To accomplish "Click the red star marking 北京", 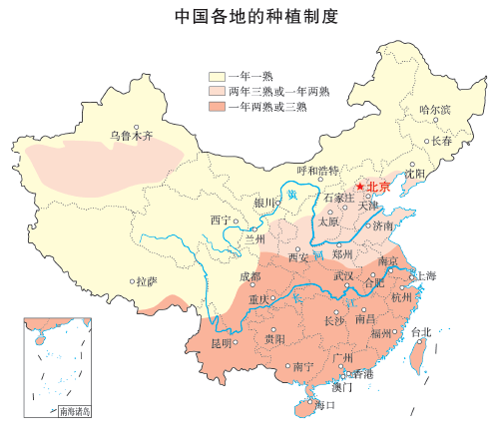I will [x=360, y=186].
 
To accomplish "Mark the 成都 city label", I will [x=249, y=276].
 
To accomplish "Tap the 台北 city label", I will [x=421, y=332].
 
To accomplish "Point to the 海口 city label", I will [x=325, y=405].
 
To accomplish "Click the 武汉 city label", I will [x=344, y=274].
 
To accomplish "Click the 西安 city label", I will [x=298, y=257].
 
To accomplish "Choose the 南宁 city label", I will [x=303, y=367].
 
